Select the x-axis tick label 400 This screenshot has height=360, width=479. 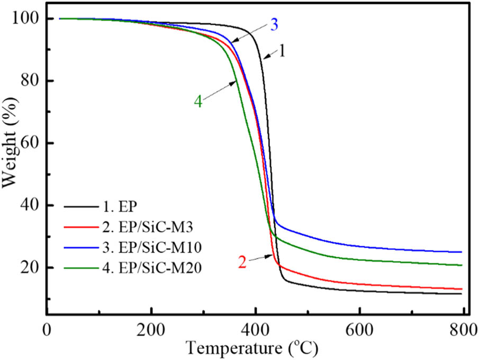(x=255, y=328)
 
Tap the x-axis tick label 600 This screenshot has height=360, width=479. (x=359, y=328)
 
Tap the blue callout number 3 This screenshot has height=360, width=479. (x=274, y=24)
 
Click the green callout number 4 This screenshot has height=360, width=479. (x=197, y=102)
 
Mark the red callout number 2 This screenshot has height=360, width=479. (x=242, y=262)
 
